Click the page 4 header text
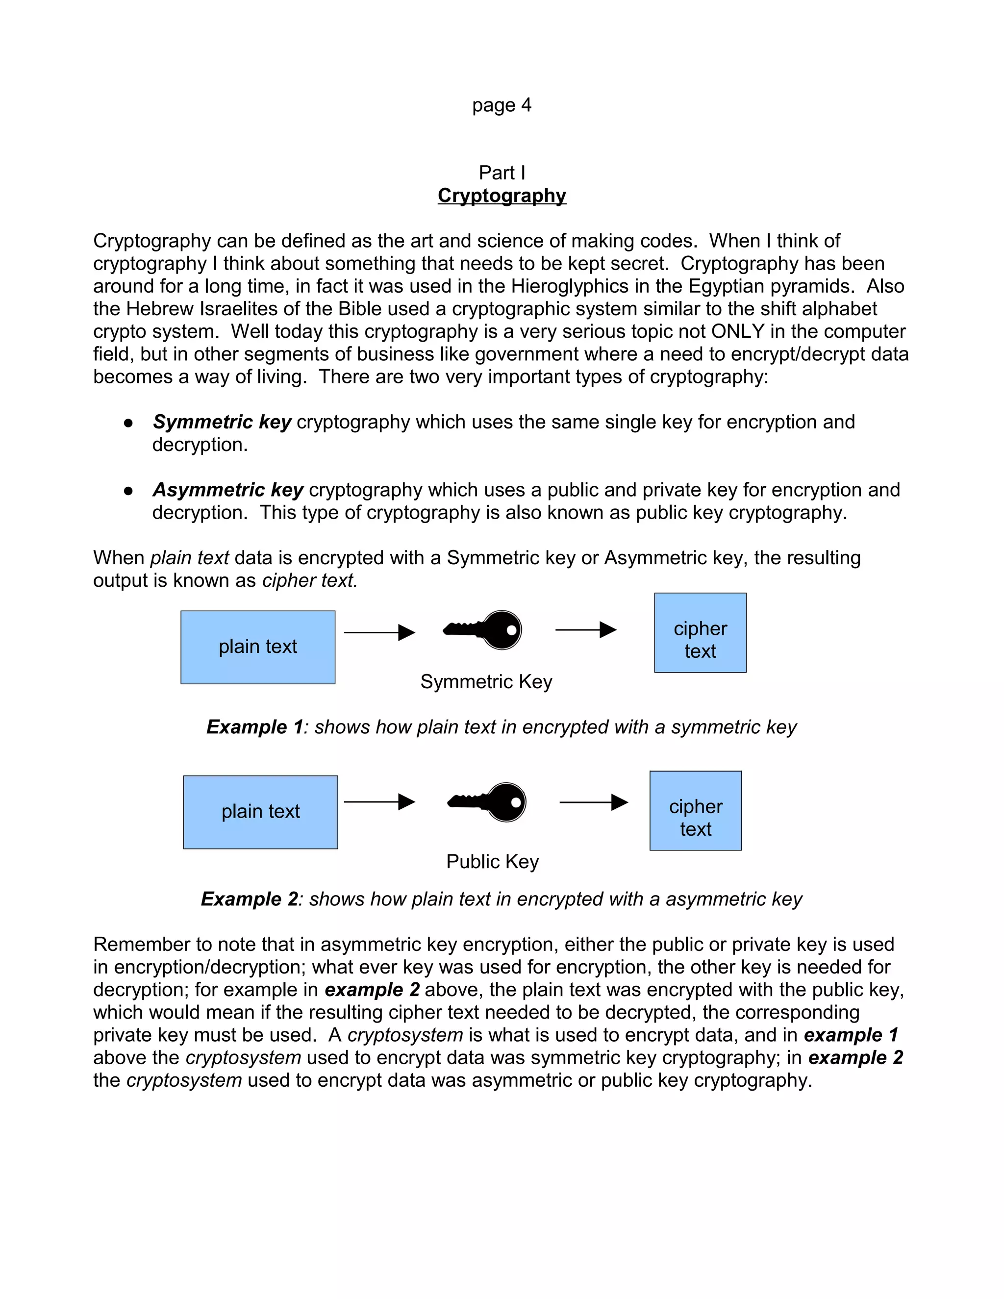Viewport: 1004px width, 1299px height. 502,105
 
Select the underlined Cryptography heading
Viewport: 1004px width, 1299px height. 502,196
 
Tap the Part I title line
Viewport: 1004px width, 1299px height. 502,173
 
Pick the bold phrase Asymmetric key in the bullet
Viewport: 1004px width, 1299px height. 228,490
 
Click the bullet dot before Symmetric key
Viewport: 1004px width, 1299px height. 128,423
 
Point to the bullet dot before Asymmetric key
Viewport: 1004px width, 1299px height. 128,491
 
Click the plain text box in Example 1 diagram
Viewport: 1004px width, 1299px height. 257,647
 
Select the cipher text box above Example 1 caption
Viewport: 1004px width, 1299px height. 700,633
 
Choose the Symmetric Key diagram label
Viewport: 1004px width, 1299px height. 486,682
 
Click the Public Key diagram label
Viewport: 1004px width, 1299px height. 492,861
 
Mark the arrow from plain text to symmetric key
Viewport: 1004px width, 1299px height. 379,632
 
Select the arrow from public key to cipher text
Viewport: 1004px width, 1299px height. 594,802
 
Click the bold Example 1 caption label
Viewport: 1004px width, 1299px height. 254,727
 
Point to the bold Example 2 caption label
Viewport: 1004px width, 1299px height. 249,899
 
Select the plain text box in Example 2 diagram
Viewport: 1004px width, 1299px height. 260,812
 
